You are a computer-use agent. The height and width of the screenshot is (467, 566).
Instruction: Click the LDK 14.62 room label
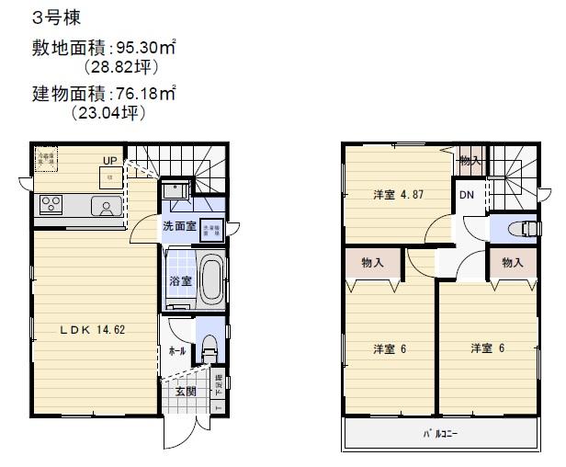pyautogui.click(x=93, y=328)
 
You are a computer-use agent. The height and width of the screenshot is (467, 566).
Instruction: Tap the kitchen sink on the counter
pyautogui.click(x=108, y=207)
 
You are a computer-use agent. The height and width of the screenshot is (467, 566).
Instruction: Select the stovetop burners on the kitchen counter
pyautogui.click(x=50, y=205)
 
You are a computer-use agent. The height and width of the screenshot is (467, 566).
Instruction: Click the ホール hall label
pyautogui.click(x=177, y=351)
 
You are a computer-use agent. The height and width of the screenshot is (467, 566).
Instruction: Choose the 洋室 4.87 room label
pyautogui.click(x=398, y=196)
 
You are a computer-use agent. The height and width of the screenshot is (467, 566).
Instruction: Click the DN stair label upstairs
pyautogui.click(x=467, y=195)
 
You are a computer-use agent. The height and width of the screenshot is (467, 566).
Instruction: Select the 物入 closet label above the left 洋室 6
pyautogui.click(x=373, y=263)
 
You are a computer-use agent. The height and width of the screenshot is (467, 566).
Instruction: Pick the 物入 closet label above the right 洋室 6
pyautogui.click(x=512, y=263)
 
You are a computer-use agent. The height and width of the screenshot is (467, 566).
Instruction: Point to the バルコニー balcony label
pyautogui.click(x=440, y=430)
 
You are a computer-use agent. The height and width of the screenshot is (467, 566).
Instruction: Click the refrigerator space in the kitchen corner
pyautogui.click(x=45, y=158)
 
